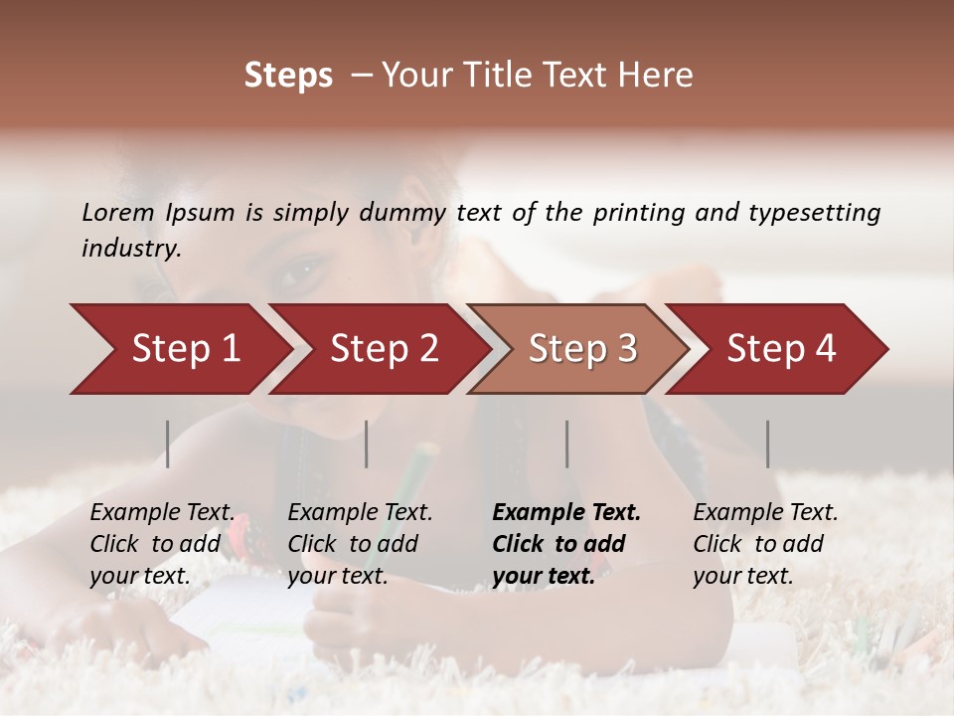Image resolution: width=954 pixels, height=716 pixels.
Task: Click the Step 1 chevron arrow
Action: click(179, 349)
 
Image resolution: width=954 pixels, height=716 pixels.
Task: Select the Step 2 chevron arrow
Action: click(383, 349)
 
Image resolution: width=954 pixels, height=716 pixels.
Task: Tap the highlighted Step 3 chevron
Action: click(581, 349)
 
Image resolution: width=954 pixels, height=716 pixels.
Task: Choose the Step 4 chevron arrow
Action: click(780, 349)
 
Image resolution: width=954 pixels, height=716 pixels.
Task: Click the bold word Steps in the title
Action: click(288, 76)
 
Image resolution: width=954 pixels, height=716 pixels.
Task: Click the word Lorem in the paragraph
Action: click(118, 212)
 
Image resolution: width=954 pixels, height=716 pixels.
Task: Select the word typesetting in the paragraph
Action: click(817, 213)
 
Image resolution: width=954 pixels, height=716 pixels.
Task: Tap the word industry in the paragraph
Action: click(130, 248)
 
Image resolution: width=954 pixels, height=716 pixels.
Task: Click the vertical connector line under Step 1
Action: click(167, 444)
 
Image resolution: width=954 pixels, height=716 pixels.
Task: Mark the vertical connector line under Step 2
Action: click(367, 444)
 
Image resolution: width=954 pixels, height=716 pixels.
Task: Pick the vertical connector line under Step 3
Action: click(566, 444)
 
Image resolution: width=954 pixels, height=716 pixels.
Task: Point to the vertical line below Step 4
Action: click(767, 444)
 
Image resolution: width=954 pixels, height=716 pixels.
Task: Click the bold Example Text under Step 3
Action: click(566, 513)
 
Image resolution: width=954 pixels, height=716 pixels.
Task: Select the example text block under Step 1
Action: click(162, 544)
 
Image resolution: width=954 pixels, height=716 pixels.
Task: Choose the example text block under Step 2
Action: click(360, 544)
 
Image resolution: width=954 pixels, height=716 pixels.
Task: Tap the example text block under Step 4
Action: click(765, 544)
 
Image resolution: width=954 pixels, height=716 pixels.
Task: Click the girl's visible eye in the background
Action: click(303, 269)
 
